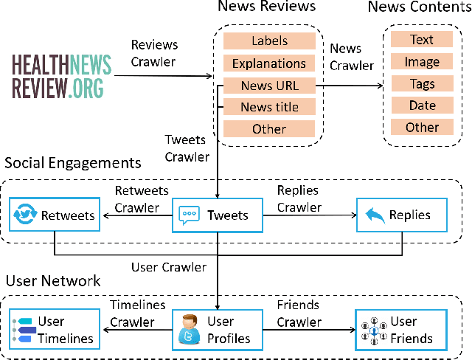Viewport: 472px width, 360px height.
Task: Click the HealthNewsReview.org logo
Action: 62,76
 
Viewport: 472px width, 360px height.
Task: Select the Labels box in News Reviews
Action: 269,41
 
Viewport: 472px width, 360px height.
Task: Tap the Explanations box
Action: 269,63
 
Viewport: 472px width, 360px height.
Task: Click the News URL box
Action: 269,86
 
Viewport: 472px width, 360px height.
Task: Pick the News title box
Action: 269,107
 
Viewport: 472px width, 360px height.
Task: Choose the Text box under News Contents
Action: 422,40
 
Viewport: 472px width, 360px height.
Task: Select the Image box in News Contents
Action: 422,62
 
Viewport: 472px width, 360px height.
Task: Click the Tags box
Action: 422,83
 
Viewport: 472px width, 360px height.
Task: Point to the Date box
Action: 422,105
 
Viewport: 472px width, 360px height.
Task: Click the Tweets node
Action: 218,215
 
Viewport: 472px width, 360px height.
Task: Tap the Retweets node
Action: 55,215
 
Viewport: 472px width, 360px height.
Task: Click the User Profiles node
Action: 218,330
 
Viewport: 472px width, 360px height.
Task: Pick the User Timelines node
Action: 55,330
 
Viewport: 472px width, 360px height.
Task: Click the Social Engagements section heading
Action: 72,162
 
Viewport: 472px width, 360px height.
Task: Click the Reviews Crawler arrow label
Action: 155,53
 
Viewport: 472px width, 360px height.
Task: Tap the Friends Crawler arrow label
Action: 299,314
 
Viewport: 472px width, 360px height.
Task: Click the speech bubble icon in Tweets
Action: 189,215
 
